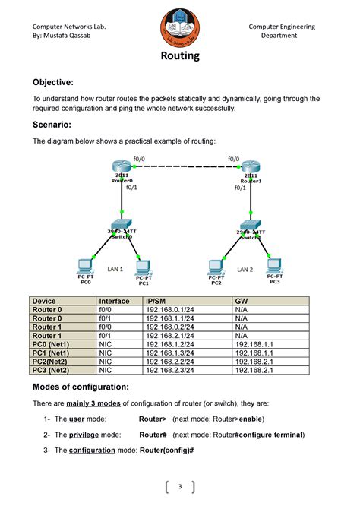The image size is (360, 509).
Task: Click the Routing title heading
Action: [x=180, y=56]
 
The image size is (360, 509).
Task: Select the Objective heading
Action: [x=52, y=82]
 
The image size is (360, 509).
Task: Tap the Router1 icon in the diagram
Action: [x=251, y=167]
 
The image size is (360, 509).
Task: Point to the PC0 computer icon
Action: [x=85, y=267]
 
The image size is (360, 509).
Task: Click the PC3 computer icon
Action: [x=274, y=266]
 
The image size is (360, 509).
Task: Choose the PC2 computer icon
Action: [x=216, y=267]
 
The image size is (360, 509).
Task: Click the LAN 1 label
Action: [x=115, y=270]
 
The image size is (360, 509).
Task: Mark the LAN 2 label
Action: [x=245, y=270]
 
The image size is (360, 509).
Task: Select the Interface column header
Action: [x=114, y=302]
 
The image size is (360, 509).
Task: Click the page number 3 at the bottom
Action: [x=181, y=487]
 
